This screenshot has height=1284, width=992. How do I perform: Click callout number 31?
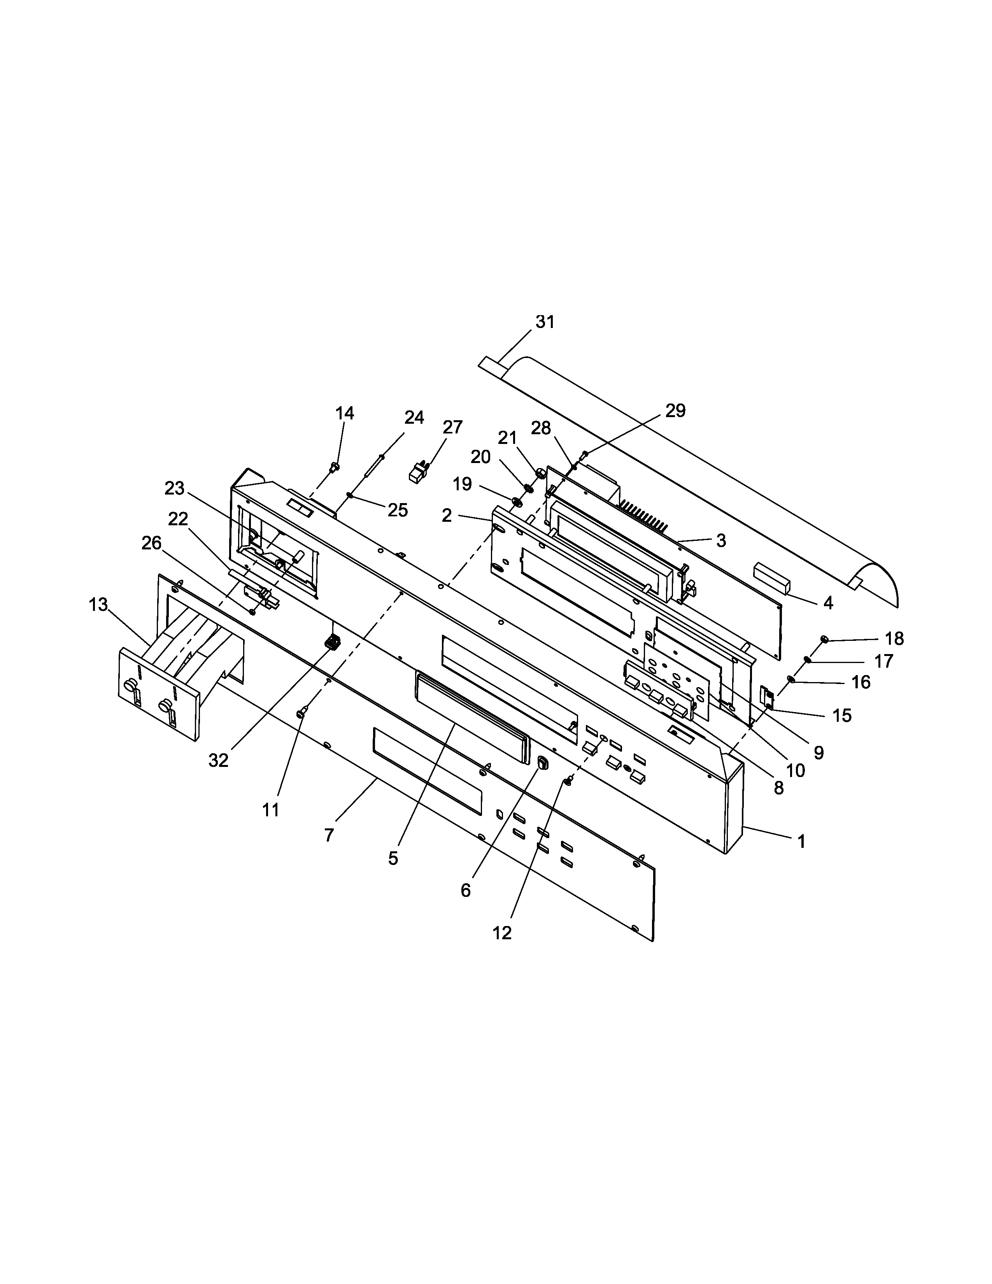(x=545, y=322)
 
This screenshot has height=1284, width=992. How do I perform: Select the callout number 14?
(x=345, y=413)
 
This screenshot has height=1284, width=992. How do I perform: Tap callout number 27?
(x=452, y=427)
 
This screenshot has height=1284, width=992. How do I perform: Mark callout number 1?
(x=801, y=842)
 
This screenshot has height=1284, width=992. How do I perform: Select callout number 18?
(x=894, y=639)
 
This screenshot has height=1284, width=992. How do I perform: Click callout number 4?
(x=828, y=603)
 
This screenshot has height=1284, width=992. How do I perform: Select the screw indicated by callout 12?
(x=568, y=781)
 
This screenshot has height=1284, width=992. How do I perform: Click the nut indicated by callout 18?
(x=824, y=639)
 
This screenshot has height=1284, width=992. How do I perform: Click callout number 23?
(x=175, y=488)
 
